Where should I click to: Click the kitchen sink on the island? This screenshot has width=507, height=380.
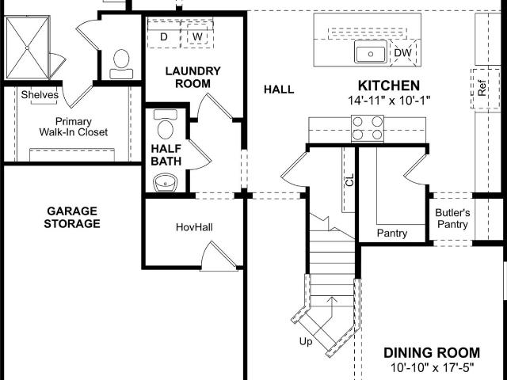371,51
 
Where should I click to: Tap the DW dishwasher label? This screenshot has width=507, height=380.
403,53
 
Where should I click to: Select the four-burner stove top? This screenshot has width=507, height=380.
368,128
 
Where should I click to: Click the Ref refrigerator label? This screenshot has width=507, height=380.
482,88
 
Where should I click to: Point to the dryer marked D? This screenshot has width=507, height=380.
164,36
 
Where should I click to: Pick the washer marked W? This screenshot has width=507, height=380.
197,36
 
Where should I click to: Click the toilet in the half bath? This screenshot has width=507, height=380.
166,124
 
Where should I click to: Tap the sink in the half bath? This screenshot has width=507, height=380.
165,183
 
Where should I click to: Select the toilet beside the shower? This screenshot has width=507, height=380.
121,64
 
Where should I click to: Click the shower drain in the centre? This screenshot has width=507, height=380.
28,47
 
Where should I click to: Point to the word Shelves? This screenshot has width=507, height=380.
40,95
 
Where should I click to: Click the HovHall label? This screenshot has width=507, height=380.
194,227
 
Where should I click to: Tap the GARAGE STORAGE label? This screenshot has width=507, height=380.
72,217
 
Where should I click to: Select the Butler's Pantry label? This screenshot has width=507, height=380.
452,218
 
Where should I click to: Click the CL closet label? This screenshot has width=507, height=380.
349,180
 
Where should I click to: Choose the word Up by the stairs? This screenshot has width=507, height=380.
306,341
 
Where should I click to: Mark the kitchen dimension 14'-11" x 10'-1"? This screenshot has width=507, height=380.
389,101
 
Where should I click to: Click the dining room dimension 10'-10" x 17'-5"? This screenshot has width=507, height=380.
432,367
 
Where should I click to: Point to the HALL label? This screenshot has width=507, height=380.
279,89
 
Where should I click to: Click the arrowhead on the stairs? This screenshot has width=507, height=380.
331,299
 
